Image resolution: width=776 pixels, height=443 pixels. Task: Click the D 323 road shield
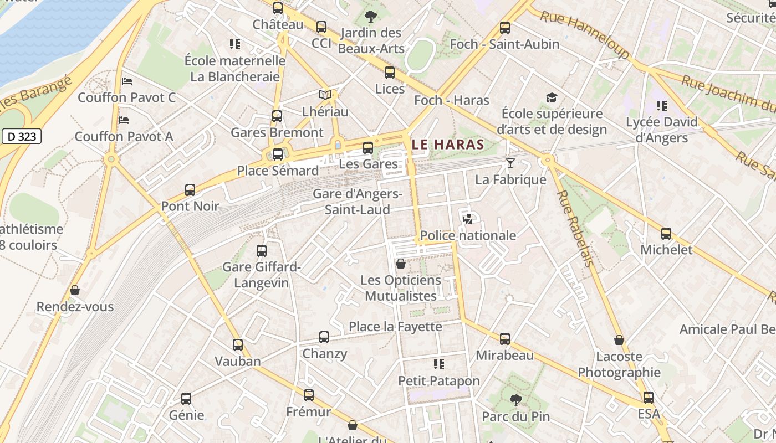point(22,136)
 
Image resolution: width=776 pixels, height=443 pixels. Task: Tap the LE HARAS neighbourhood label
point(448,145)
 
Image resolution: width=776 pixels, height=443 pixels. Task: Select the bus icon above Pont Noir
point(190,190)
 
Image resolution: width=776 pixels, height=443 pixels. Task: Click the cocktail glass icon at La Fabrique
point(510,163)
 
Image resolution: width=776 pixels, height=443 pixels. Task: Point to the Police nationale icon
point(467,219)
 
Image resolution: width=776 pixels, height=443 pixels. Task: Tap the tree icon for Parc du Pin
point(516,400)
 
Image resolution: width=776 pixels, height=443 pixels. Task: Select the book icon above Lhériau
point(325,95)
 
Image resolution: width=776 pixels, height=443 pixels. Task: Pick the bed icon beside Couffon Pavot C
point(127,81)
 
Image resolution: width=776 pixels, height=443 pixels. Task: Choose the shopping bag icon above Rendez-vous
point(75,290)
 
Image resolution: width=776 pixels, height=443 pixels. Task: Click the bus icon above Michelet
point(666,234)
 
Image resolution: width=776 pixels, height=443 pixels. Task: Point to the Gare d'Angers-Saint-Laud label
point(358,202)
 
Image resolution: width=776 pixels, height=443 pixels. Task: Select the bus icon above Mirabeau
point(504,339)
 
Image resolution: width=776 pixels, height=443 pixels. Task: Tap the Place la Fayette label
point(395,327)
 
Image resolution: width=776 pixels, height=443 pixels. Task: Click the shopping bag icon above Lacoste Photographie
point(619,340)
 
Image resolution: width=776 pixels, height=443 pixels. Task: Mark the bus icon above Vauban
point(238,345)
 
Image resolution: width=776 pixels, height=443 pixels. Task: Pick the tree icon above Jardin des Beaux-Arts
point(371,17)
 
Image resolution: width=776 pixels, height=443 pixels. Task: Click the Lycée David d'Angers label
point(661,130)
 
